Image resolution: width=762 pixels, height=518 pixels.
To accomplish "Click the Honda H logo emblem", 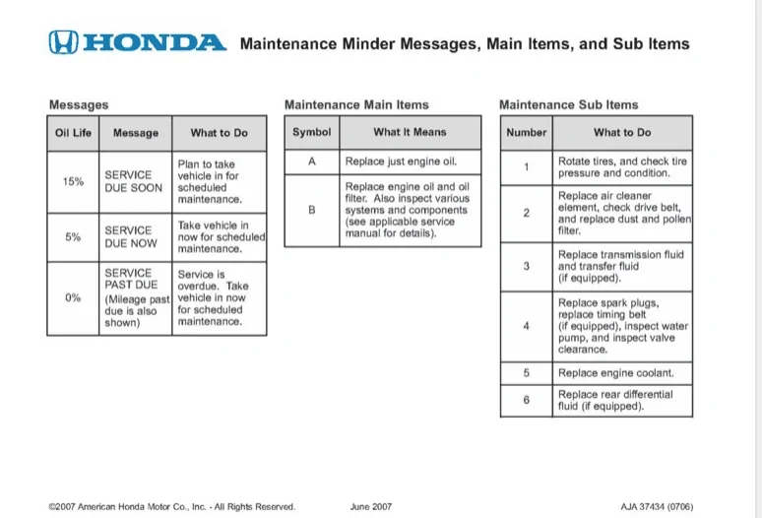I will pyautogui.click(x=63, y=42).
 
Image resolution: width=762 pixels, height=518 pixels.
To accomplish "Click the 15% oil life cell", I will pyautogui.click(x=73, y=181).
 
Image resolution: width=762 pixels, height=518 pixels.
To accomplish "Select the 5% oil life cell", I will pyautogui.click(x=73, y=236).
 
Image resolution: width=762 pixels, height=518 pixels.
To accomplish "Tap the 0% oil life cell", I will pyautogui.click(x=73, y=298).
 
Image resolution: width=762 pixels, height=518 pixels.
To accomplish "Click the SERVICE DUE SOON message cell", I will pyautogui.click(x=134, y=181).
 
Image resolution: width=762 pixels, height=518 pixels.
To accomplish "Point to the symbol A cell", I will pyautogui.click(x=311, y=161).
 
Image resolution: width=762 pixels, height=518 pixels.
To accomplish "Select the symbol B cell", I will pyautogui.click(x=311, y=209).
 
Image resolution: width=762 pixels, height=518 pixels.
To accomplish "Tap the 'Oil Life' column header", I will pyautogui.click(x=73, y=133).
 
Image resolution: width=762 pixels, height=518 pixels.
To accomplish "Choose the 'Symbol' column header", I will pyautogui.click(x=311, y=132).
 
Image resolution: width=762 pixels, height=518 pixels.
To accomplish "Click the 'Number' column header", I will pyautogui.click(x=526, y=132).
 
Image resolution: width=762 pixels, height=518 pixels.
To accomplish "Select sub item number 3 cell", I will pyautogui.click(x=526, y=266).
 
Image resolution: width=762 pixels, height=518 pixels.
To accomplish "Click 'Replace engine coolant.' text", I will pyautogui.click(x=616, y=373).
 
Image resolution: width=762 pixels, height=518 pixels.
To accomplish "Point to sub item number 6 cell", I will pyautogui.click(x=526, y=400).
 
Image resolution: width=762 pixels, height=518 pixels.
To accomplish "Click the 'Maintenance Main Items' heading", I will pyautogui.click(x=356, y=104).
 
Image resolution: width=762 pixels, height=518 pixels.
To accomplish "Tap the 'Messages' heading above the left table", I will pyautogui.click(x=79, y=104).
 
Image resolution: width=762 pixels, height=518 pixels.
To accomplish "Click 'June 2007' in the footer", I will pyautogui.click(x=371, y=506).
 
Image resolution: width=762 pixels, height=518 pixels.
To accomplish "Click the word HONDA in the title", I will pyautogui.click(x=156, y=42).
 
